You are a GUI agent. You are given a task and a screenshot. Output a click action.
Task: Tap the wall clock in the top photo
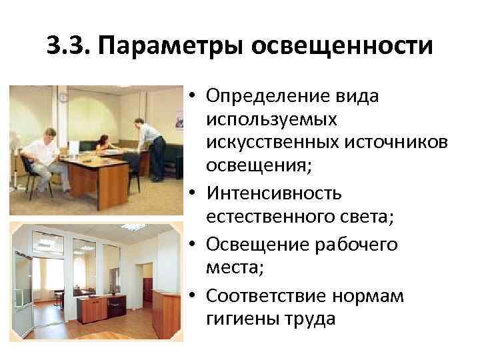coord(63,97)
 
